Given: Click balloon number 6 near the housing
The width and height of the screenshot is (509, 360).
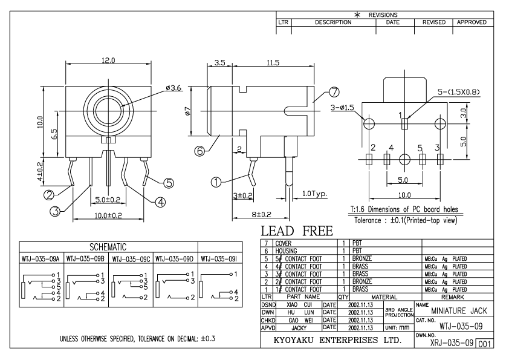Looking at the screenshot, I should click(x=199, y=152).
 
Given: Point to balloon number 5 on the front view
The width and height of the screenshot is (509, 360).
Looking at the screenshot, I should click(x=169, y=182).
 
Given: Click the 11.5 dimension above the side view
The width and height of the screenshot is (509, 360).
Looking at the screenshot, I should click(x=273, y=62).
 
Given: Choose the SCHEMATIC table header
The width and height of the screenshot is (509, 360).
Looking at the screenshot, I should click(x=108, y=247).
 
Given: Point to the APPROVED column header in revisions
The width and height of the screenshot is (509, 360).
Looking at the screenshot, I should click(x=472, y=22).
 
